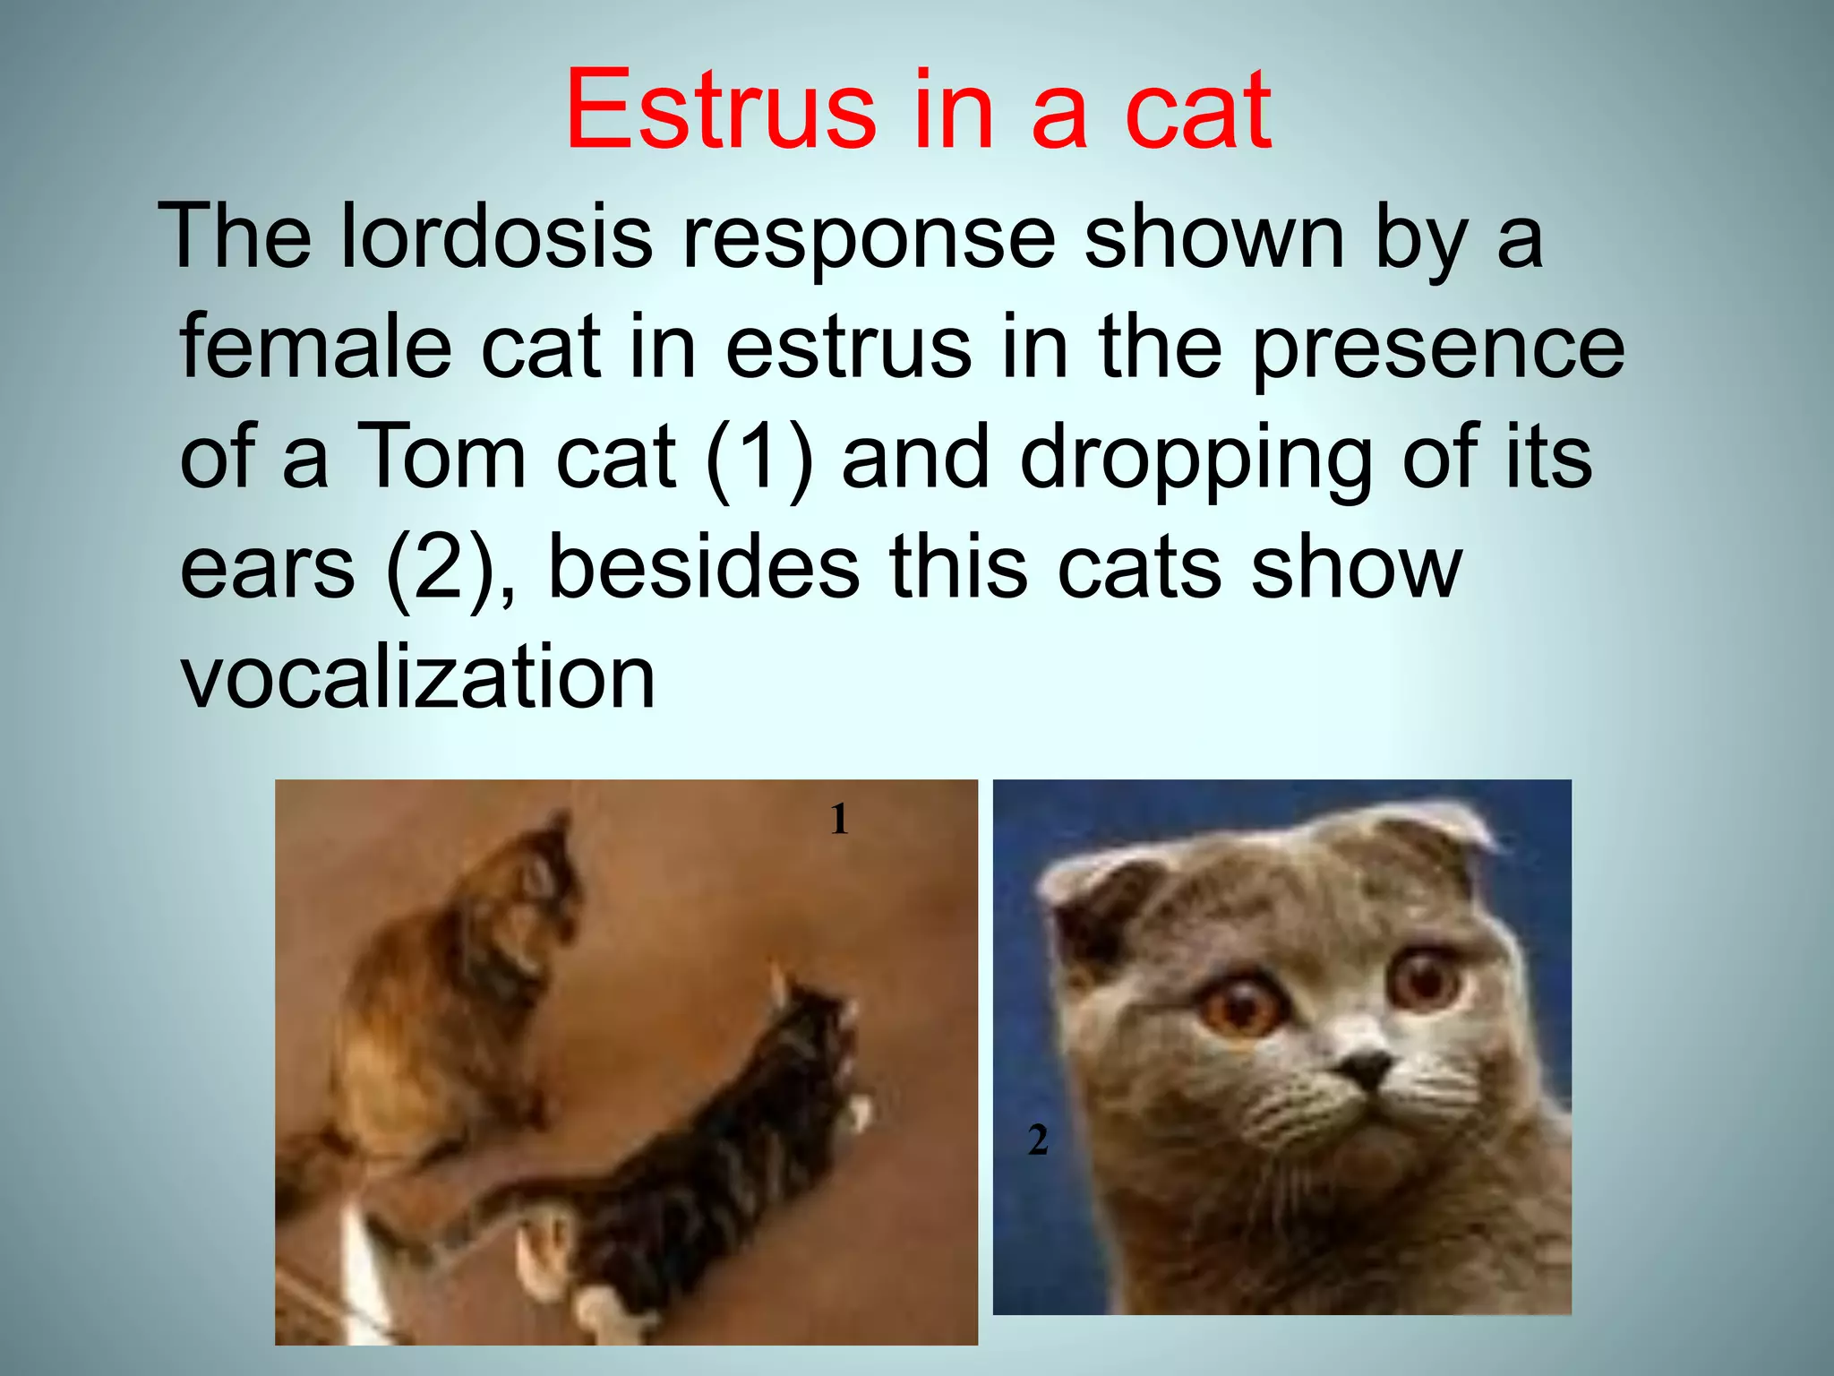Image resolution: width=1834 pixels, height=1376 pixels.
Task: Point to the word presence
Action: coord(1437,349)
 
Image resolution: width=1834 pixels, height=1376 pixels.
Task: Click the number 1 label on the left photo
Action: coord(839,819)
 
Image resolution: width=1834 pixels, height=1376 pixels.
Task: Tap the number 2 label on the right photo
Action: coord(1038,1140)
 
